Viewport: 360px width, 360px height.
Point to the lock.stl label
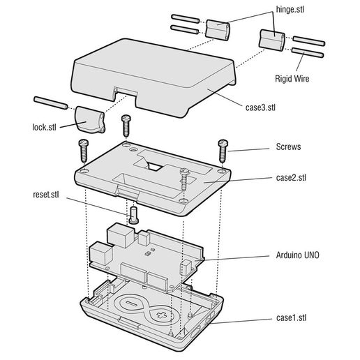pyautogui.click(x=44, y=127)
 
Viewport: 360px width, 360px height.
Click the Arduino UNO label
pyautogui.click(x=299, y=256)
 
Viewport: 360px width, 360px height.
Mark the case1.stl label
pyautogui.click(x=291, y=318)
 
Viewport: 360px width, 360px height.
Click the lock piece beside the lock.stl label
pyautogui.click(x=89, y=119)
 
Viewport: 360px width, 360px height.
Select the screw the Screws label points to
pyautogui.click(x=223, y=148)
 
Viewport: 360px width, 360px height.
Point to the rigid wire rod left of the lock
pyautogui.click(x=50, y=102)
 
